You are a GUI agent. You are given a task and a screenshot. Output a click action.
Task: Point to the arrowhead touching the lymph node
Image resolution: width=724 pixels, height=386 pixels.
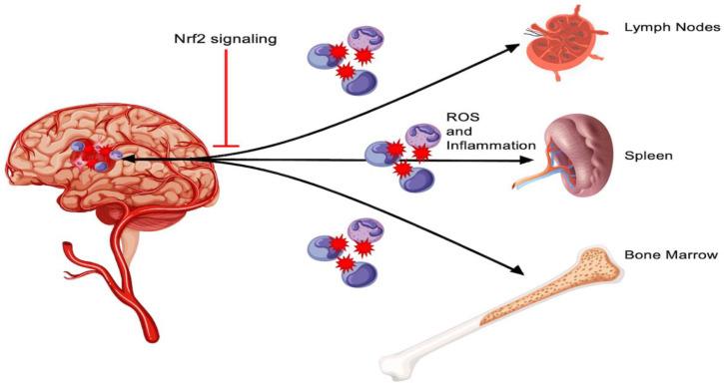point(526,44)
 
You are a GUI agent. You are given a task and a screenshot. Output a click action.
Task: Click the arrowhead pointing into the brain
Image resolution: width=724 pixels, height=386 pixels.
point(128,156)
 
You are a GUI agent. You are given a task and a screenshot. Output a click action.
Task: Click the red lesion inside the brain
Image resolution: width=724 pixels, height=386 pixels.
point(99,155)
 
